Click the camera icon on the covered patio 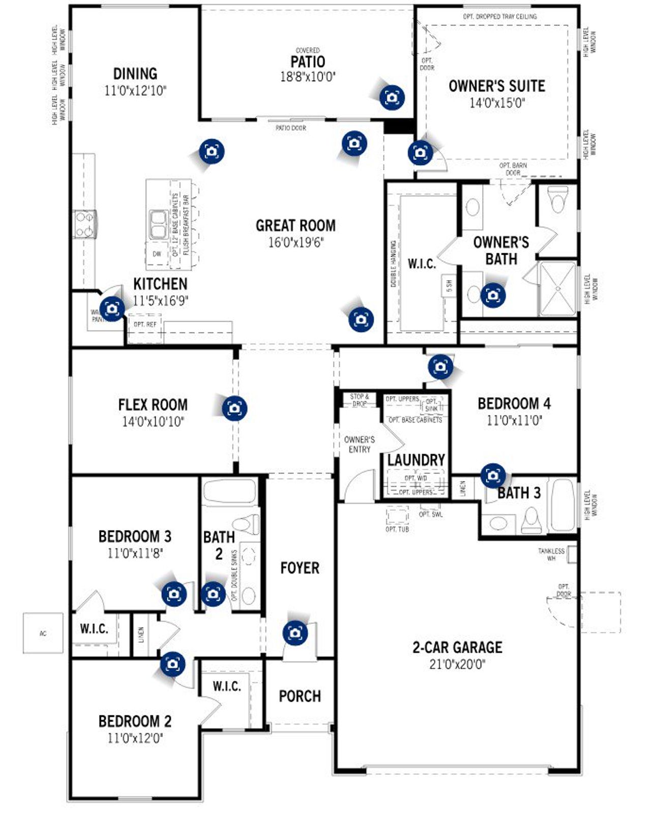click(x=392, y=97)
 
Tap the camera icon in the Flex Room click(x=234, y=408)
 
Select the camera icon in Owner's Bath click(x=492, y=295)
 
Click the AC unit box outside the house click(x=43, y=633)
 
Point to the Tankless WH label click(x=551, y=554)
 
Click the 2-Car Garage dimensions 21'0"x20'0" click(x=457, y=664)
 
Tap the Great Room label click(x=295, y=225)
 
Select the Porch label click(x=300, y=696)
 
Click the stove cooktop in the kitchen click(x=84, y=224)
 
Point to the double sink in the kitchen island click(x=158, y=224)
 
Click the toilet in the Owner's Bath click(x=558, y=199)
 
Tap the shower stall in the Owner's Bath click(x=557, y=288)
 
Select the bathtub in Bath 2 click(x=229, y=491)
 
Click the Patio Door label click(x=291, y=128)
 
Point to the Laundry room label click(x=416, y=460)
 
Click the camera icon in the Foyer click(x=295, y=633)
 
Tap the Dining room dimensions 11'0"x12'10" click(x=135, y=91)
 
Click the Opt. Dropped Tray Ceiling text click(x=499, y=17)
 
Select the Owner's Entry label click(x=359, y=444)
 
